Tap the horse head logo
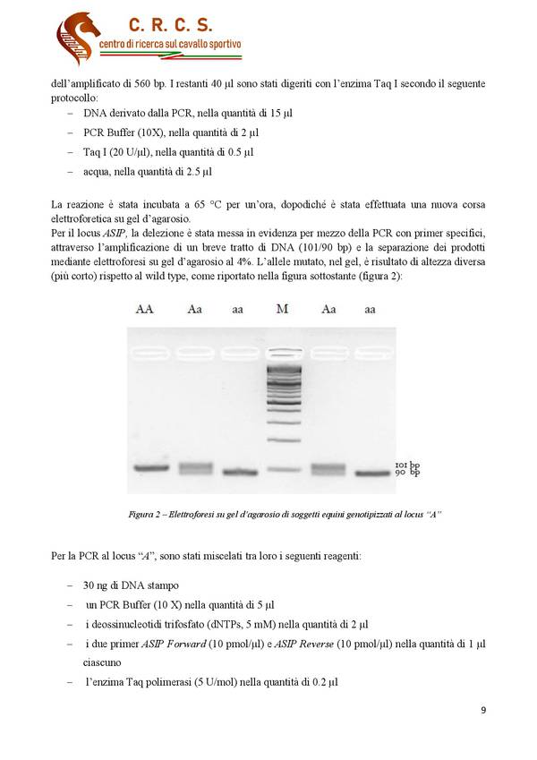77,38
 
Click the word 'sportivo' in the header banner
222,45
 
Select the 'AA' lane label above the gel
144,309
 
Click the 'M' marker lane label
282,309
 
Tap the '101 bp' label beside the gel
407,465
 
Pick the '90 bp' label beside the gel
407,473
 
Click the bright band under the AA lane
144,468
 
